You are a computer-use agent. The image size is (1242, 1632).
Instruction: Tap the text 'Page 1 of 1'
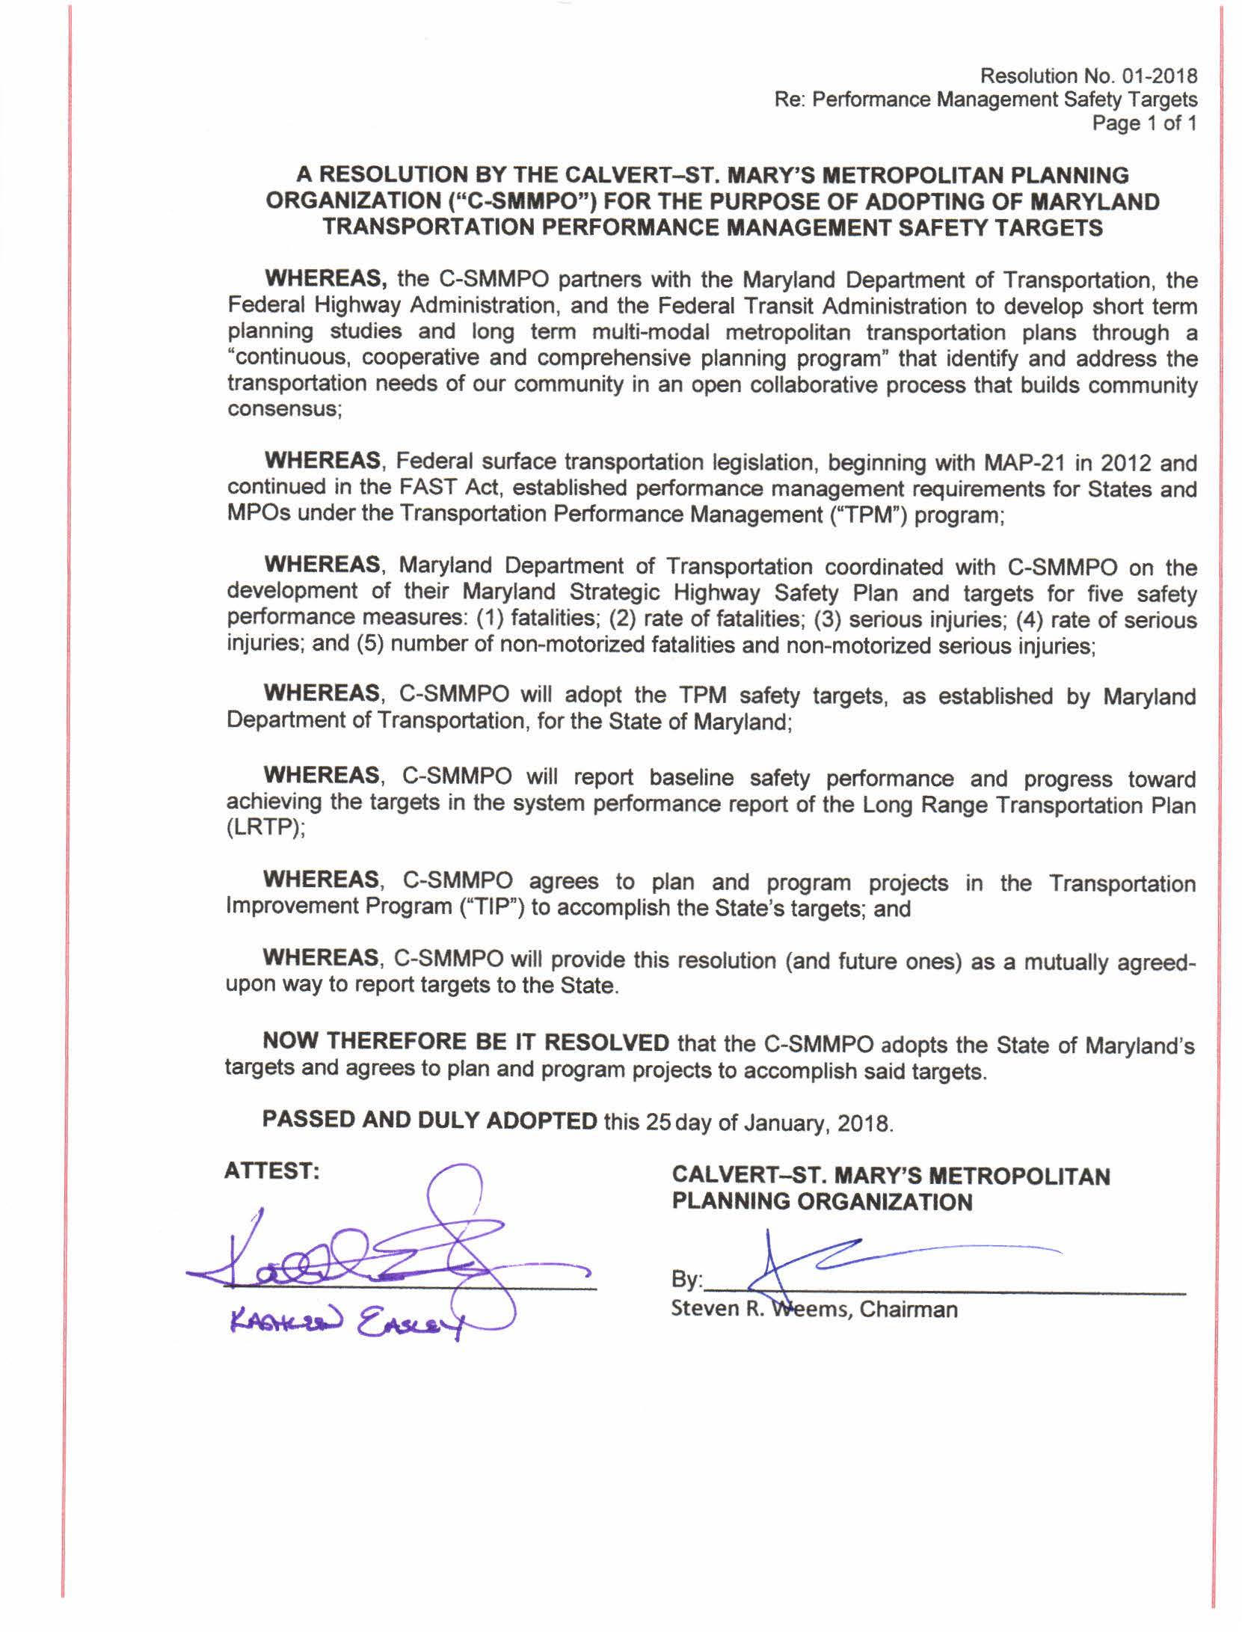(x=1144, y=123)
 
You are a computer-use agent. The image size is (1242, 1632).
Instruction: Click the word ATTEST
(x=271, y=1171)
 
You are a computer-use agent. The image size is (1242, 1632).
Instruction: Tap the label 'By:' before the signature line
(x=686, y=1280)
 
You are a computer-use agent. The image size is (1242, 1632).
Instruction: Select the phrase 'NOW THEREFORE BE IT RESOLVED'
(x=465, y=1042)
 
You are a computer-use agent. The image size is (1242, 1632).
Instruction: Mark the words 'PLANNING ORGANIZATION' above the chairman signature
(x=822, y=1201)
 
